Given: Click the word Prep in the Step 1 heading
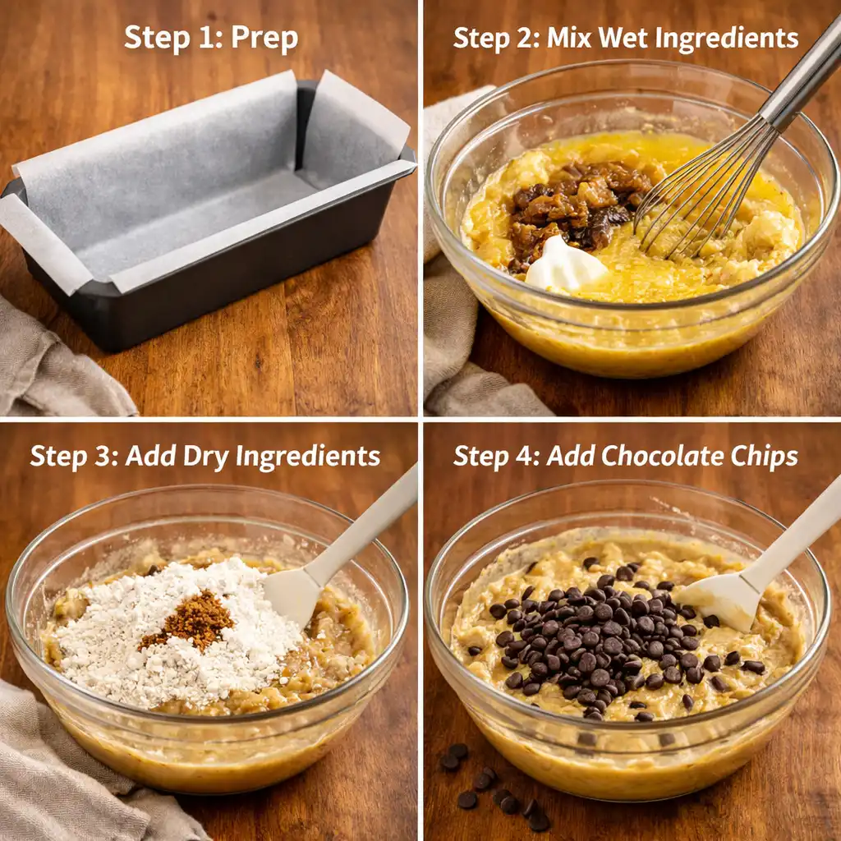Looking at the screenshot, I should [x=264, y=39].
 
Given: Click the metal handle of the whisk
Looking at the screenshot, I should [x=801, y=74].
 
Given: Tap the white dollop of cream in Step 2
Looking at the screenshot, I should [x=565, y=264].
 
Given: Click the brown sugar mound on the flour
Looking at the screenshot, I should [x=191, y=620].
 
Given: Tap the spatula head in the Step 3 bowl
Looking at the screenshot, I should [x=292, y=591].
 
